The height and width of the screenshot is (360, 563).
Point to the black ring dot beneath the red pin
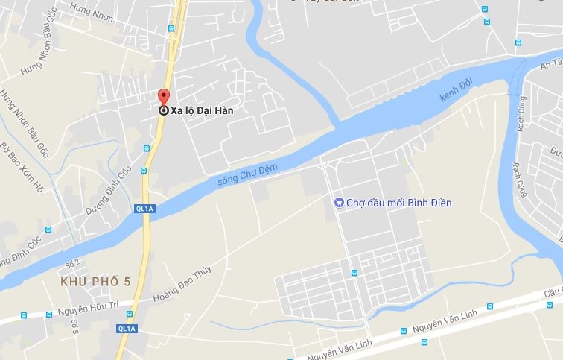pyautogui.click(x=164, y=110)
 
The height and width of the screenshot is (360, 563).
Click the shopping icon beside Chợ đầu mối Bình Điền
pyautogui.click(x=338, y=202)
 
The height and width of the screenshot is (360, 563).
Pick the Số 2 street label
pyautogui.click(x=71, y=264)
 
